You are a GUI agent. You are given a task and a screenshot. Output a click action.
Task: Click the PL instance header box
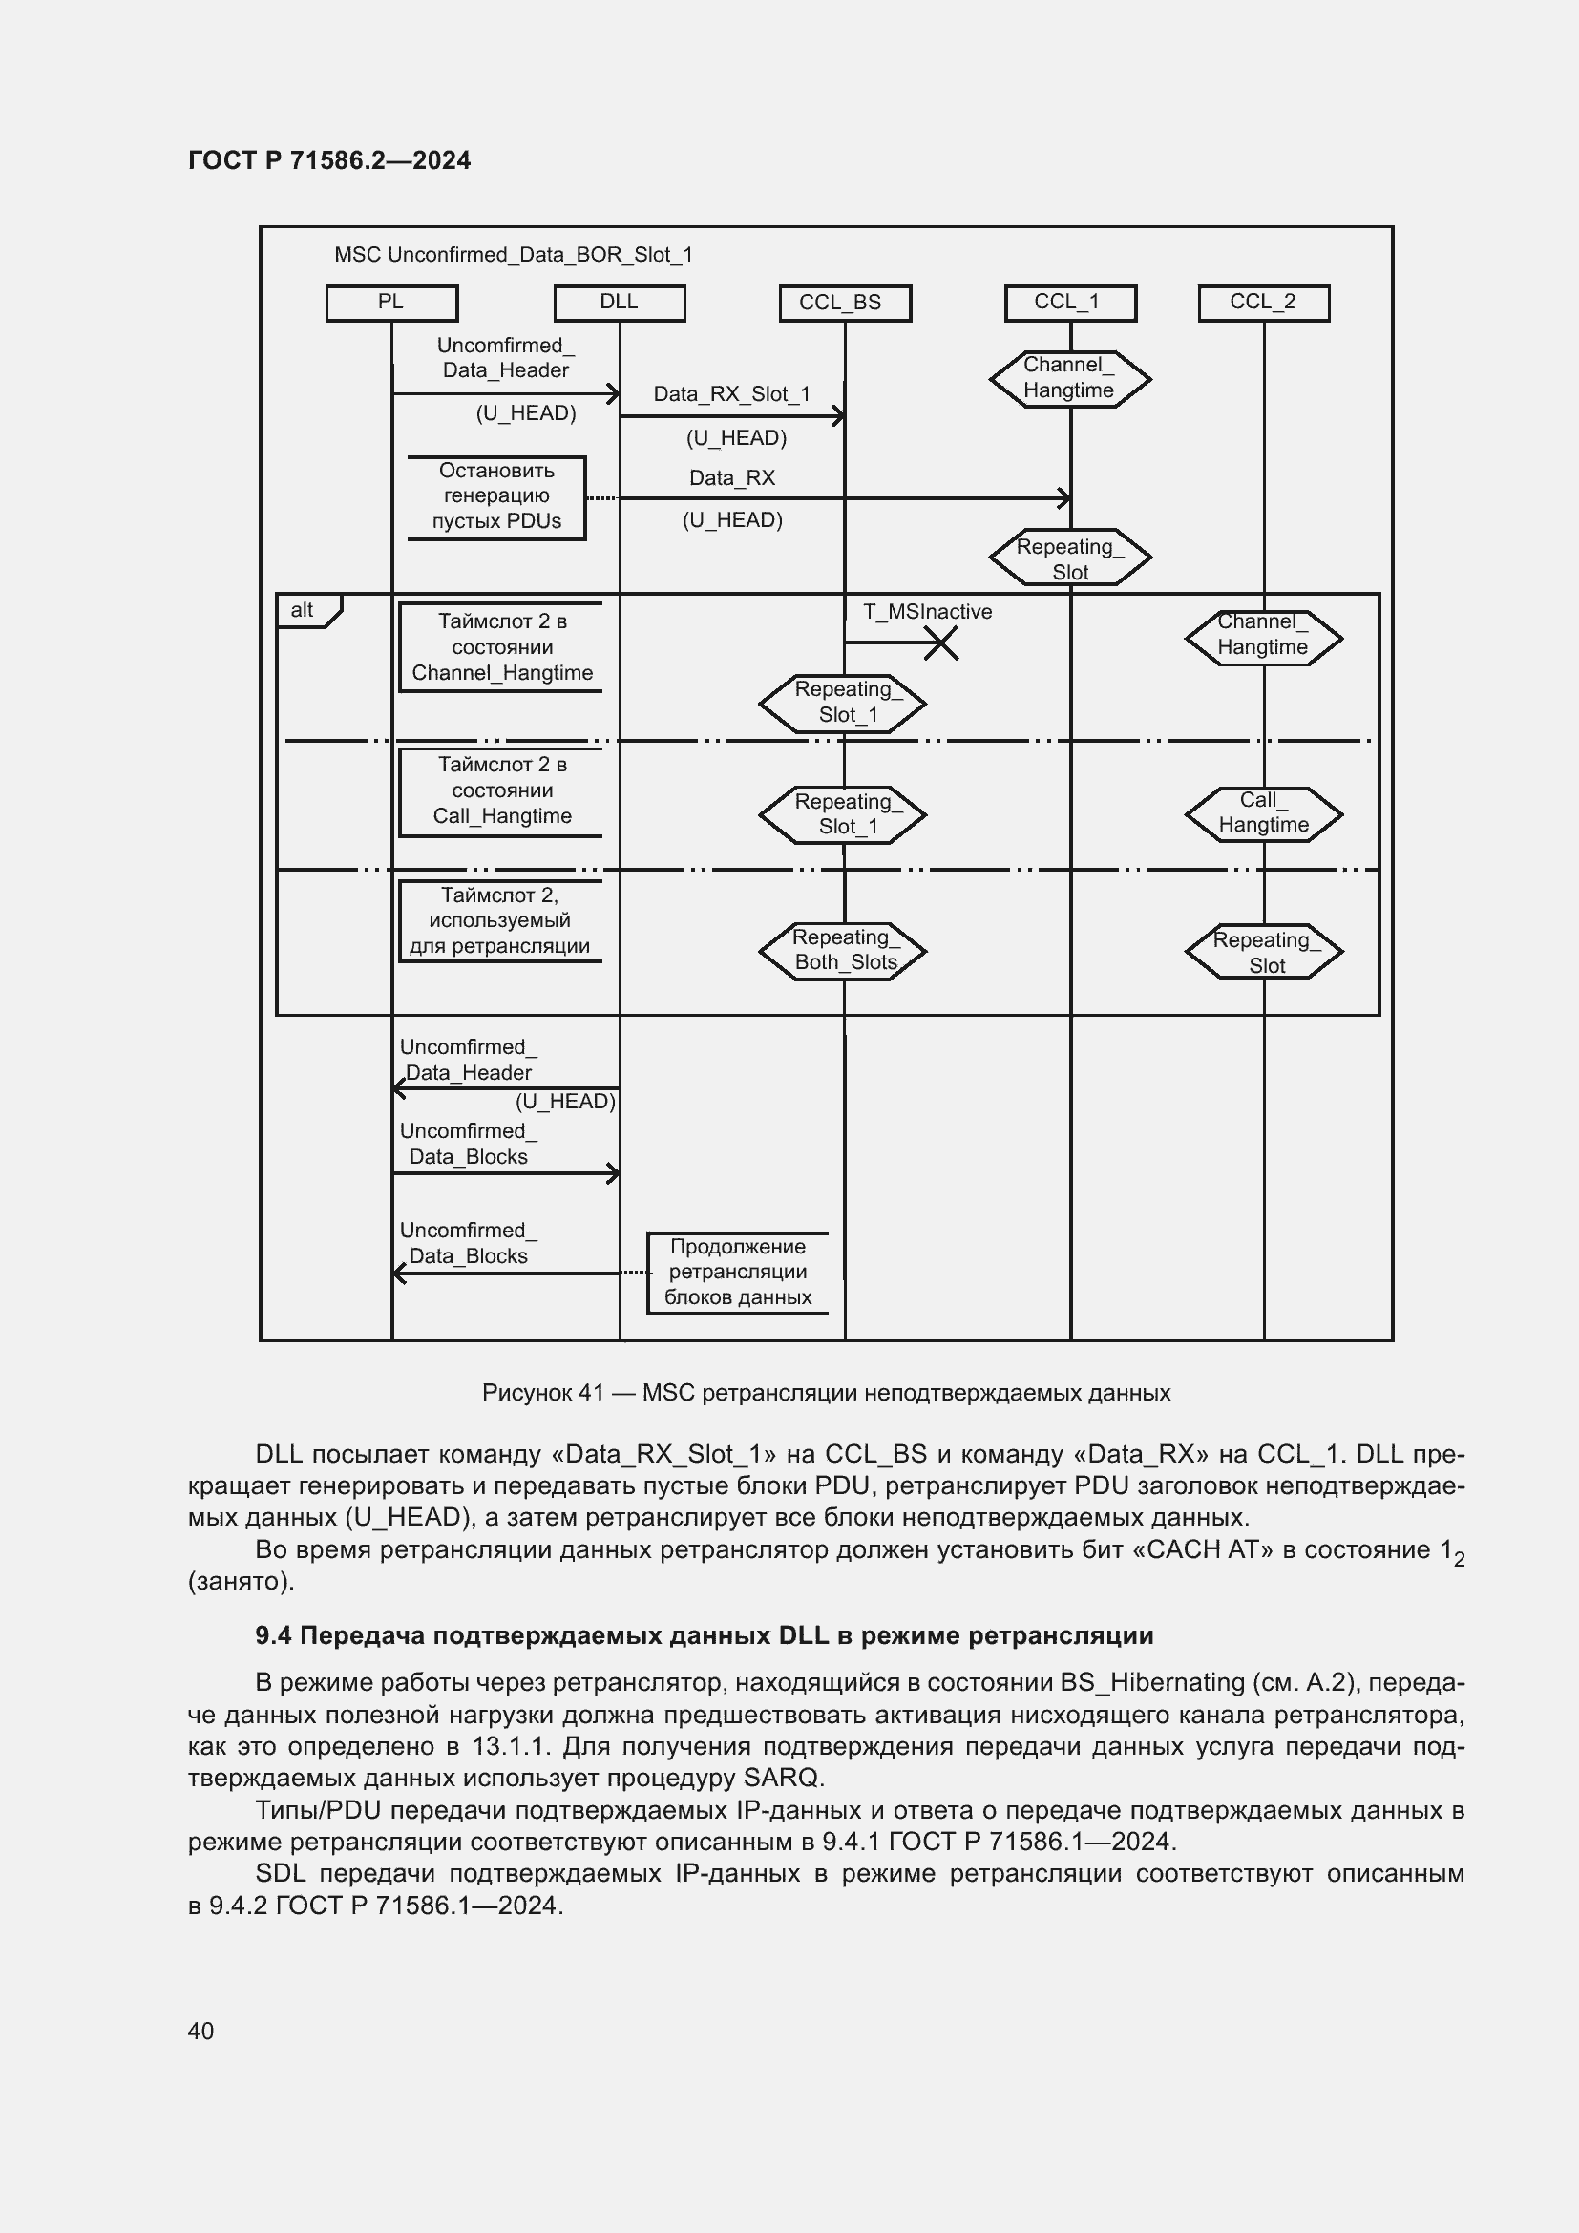(x=390, y=303)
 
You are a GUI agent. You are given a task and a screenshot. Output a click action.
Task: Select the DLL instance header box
(x=620, y=303)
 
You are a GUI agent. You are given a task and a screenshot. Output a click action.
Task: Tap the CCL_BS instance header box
(x=844, y=304)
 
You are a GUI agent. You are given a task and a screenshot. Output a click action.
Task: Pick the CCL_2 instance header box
(x=1263, y=303)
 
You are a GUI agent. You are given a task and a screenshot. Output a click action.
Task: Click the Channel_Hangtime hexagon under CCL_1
(x=1069, y=378)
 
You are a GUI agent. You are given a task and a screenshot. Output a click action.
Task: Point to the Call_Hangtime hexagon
(x=1263, y=813)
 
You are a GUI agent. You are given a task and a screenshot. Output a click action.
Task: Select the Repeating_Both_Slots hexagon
(x=842, y=950)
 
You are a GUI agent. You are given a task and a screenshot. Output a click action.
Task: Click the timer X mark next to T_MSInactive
(x=940, y=643)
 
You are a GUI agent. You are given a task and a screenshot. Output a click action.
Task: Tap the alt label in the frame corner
(x=303, y=610)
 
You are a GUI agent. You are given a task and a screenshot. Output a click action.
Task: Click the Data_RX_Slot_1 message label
(x=731, y=394)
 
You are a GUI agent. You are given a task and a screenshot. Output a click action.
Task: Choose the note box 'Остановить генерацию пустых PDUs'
(x=495, y=496)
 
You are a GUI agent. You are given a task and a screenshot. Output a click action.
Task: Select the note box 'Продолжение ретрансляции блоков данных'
(x=738, y=1272)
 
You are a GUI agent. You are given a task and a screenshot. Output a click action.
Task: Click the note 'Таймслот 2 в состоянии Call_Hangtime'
(x=501, y=790)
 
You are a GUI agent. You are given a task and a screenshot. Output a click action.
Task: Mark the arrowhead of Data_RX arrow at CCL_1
(x=1065, y=498)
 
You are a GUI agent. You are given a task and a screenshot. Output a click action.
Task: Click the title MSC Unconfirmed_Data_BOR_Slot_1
(x=513, y=255)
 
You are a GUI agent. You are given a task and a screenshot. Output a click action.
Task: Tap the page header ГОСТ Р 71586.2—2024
(x=328, y=160)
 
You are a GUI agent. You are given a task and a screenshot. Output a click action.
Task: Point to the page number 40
(x=200, y=2031)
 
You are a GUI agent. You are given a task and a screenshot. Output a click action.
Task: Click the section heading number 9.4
(x=272, y=1636)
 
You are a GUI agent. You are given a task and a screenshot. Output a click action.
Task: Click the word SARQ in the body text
(x=782, y=1778)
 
